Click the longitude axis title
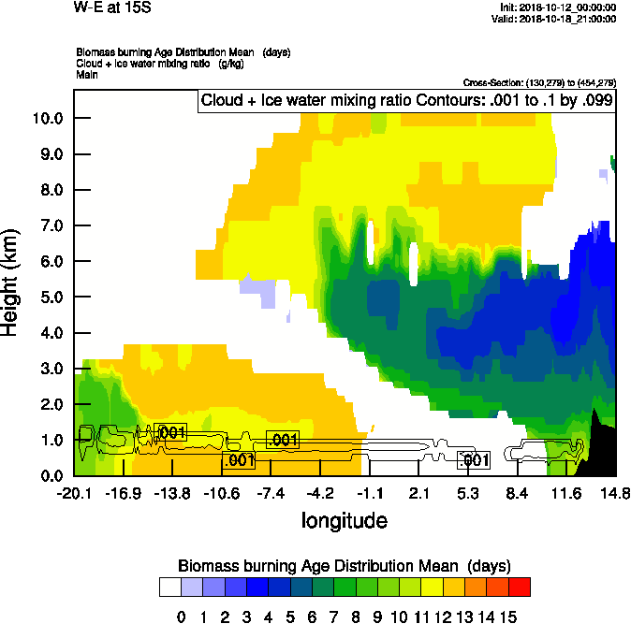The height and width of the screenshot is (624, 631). (344, 519)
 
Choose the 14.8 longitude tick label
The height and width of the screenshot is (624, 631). (615, 493)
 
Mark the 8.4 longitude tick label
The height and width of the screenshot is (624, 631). (517, 493)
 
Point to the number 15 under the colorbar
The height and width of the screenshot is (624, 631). (508, 617)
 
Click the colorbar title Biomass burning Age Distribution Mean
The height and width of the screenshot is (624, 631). (344, 567)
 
